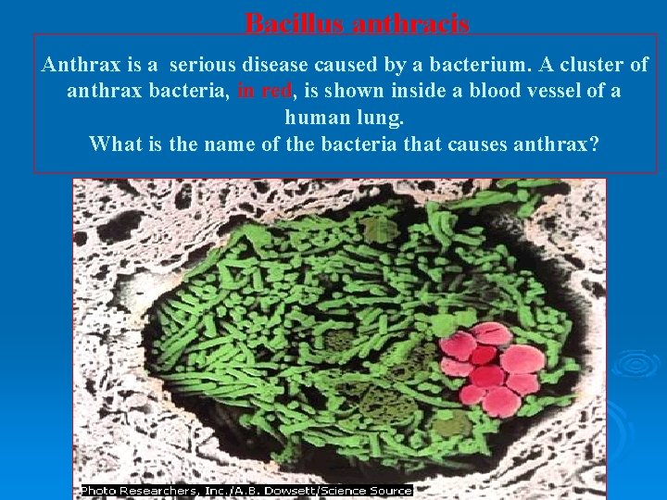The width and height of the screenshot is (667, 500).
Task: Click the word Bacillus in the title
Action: (x=294, y=24)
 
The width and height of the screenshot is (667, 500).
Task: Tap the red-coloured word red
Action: (x=275, y=92)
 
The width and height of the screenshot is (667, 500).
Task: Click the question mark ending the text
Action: (x=594, y=144)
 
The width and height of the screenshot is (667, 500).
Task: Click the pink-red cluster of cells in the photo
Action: (x=492, y=368)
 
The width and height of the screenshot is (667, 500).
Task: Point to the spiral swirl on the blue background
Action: (x=637, y=364)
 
